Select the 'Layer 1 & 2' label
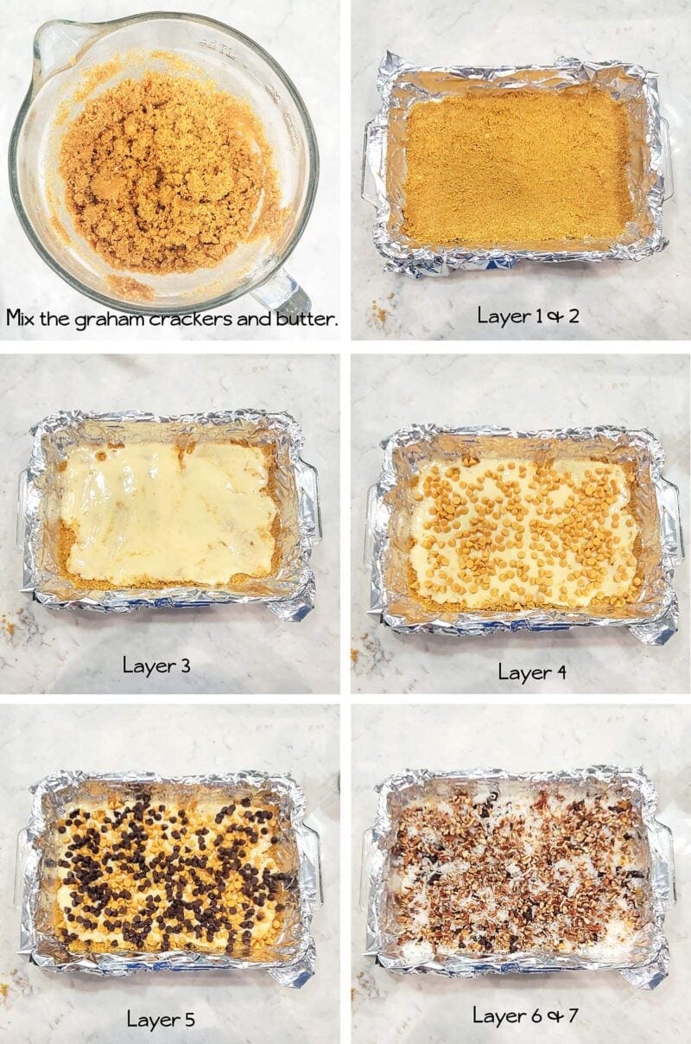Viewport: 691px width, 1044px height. [528, 315]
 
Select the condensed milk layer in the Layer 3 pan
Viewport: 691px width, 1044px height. [168, 510]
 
